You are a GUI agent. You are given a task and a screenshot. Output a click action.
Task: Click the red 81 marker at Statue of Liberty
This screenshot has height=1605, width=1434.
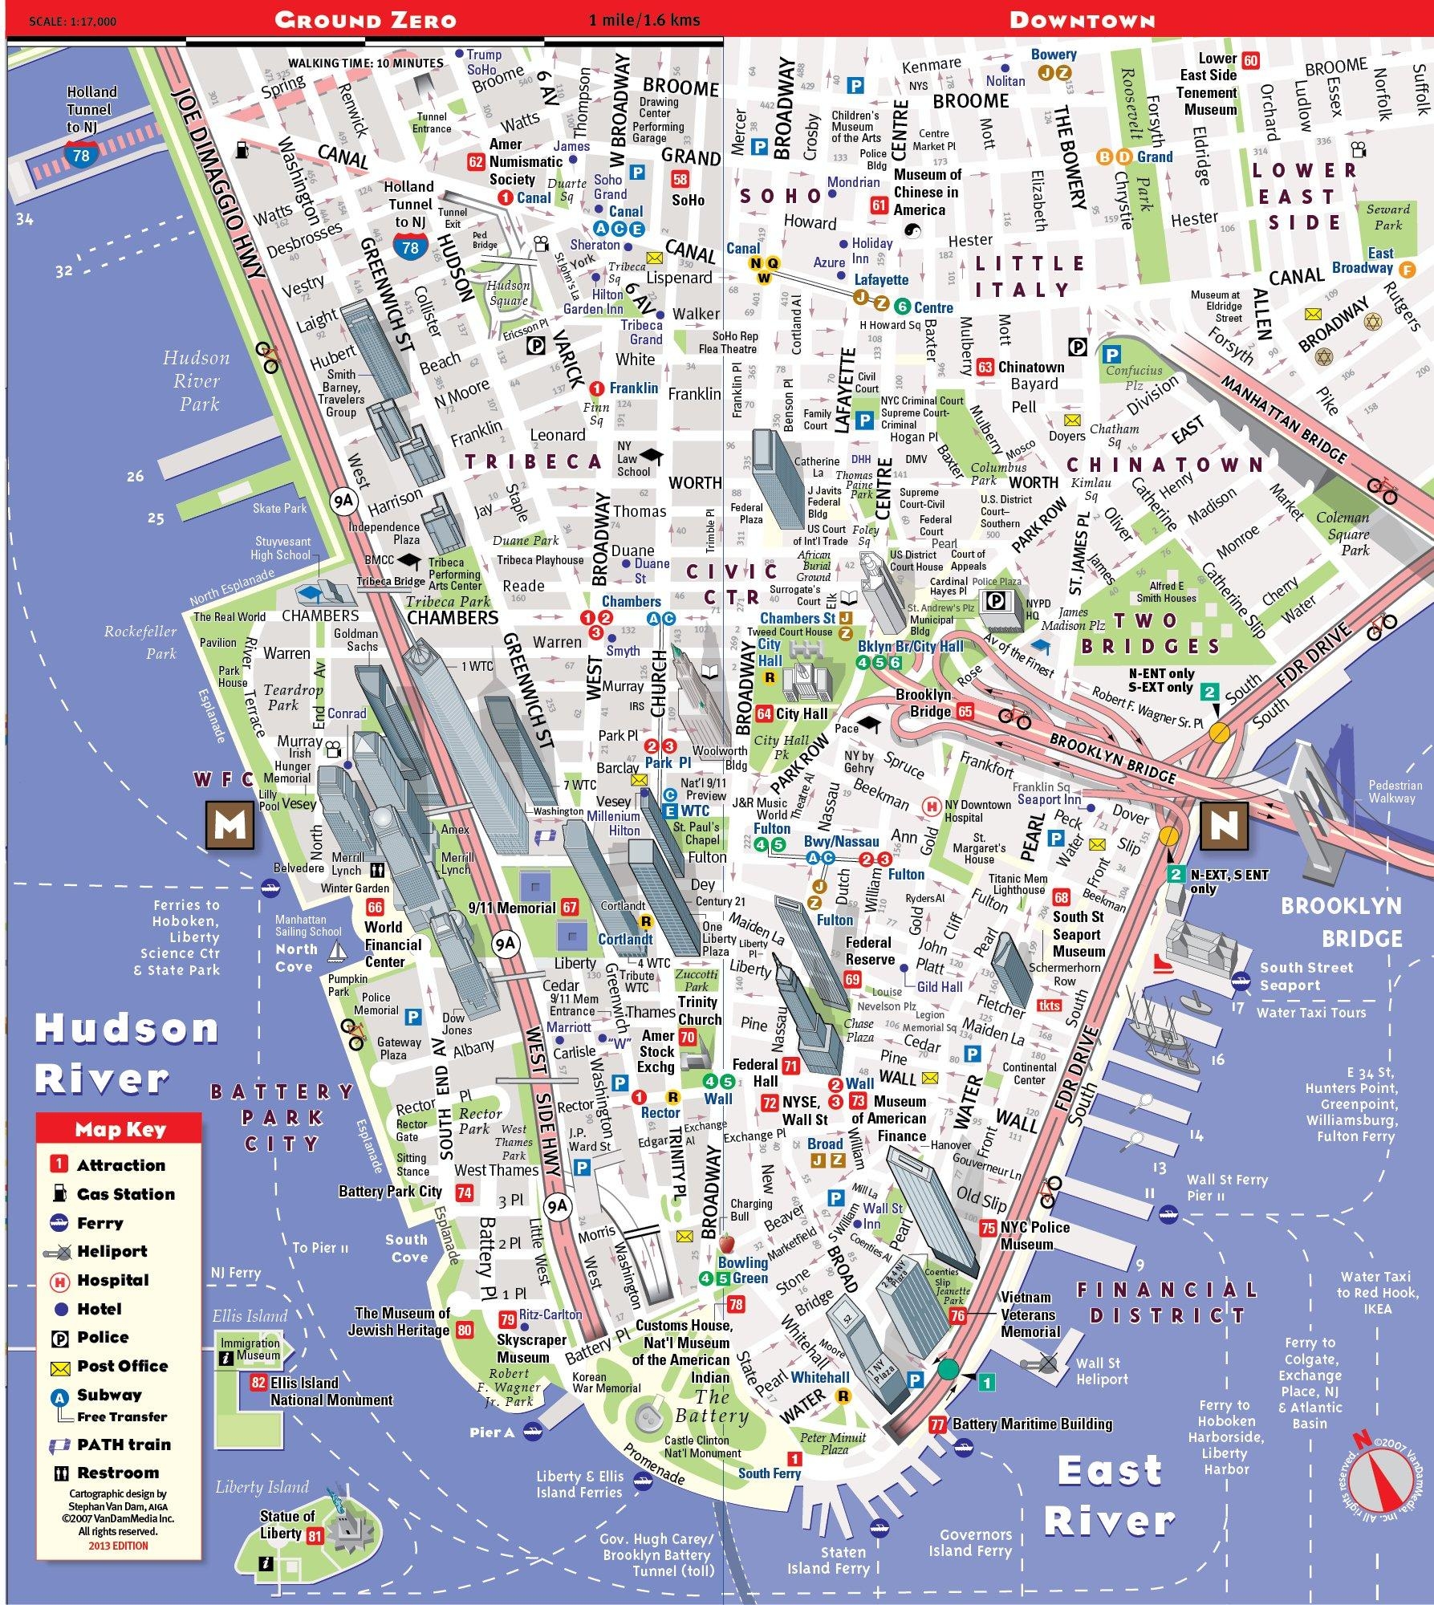pyautogui.click(x=315, y=1537)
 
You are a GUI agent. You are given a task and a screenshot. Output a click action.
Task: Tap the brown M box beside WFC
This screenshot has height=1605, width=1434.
pyautogui.click(x=230, y=824)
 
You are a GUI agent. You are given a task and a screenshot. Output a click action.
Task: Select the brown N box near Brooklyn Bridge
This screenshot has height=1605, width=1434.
pyautogui.click(x=1224, y=824)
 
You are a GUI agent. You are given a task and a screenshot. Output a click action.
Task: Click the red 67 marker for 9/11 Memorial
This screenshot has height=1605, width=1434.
pyautogui.click(x=570, y=908)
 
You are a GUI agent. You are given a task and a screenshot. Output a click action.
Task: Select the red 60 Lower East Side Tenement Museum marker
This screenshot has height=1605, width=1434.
pyautogui.click(x=1250, y=60)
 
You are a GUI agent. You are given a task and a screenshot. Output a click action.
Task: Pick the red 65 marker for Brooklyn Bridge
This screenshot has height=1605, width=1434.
pyautogui.click(x=965, y=711)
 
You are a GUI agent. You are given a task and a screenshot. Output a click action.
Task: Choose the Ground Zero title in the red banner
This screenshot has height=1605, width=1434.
pyautogui.click(x=365, y=20)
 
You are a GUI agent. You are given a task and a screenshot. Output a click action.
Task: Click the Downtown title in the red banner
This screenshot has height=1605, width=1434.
pyautogui.click(x=1082, y=20)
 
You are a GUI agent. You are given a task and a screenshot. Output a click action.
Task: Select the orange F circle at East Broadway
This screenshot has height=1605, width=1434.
pyautogui.click(x=1406, y=270)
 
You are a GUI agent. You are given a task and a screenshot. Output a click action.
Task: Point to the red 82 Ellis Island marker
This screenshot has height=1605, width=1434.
pyautogui.click(x=258, y=1382)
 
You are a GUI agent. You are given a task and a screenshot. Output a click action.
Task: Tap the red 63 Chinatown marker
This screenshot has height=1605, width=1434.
pyautogui.click(x=985, y=368)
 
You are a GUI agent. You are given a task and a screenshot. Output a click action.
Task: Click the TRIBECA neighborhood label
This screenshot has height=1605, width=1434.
pyautogui.click(x=532, y=461)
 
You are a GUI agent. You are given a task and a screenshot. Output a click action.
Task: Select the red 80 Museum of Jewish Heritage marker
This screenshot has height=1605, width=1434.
pyautogui.click(x=465, y=1330)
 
